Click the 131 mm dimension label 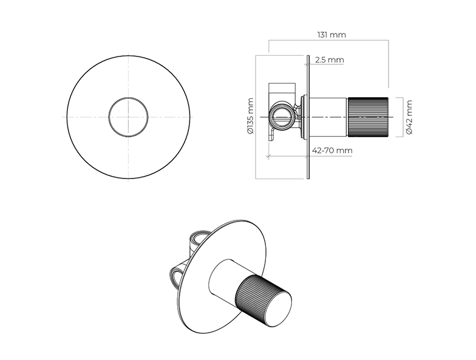click(331, 35)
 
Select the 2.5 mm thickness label click(329, 59)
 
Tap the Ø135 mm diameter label click(250, 115)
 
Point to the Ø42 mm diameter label click(409, 117)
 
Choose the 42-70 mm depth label click(332, 151)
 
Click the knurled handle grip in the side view click(368, 117)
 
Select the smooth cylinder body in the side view click(328, 117)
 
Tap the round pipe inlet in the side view click(282, 117)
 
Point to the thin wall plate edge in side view click(308, 117)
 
